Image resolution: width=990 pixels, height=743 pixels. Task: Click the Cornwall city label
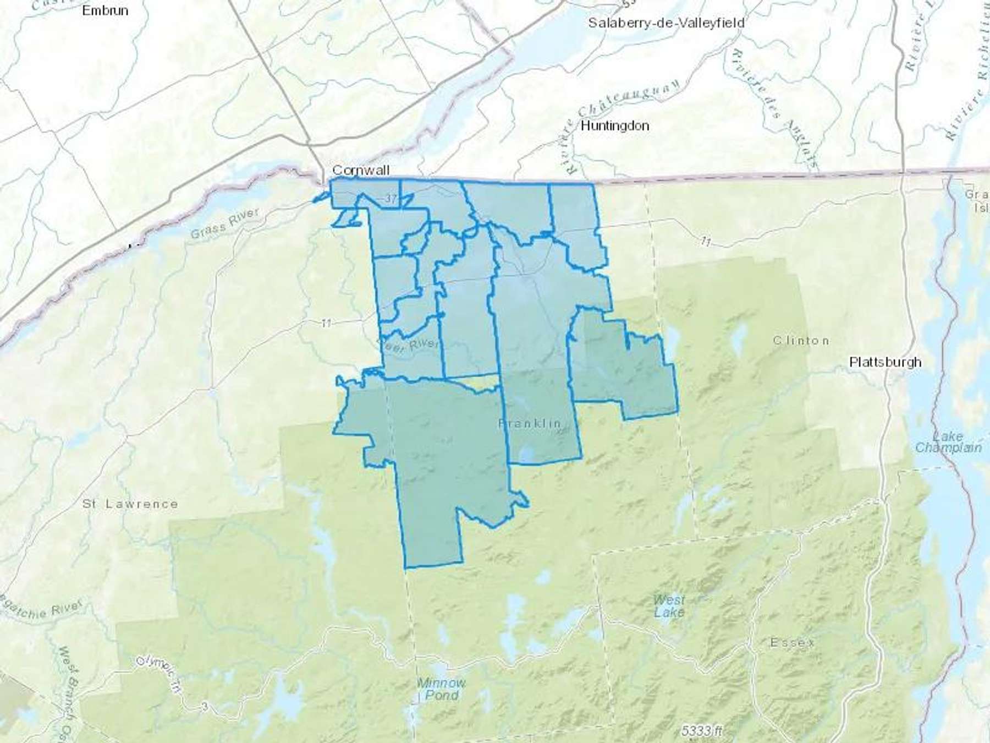point(361,171)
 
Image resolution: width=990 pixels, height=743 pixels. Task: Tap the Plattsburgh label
point(885,362)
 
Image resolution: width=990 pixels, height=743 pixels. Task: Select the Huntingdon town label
point(615,126)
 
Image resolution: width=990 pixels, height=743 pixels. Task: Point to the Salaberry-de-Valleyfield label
point(666,23)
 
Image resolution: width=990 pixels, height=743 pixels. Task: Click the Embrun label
point(105,10)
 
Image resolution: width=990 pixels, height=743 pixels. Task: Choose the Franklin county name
point(530,423)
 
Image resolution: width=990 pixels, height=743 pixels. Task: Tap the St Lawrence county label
point(130,504)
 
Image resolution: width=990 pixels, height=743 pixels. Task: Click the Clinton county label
point(801,341)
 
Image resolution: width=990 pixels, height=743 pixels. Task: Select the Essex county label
point(793,642)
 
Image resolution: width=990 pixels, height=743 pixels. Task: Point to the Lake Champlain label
point(948,442)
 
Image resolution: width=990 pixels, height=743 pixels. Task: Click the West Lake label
point(669,606)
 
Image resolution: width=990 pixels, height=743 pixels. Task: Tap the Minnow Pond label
point(442,689)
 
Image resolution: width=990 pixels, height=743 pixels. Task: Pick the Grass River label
point(224,225)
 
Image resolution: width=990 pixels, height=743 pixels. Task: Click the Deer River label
point(408,345)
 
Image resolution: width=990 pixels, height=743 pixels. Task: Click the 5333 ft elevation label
point(701,731)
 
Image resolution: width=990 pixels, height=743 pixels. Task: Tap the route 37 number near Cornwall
point(390,199)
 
